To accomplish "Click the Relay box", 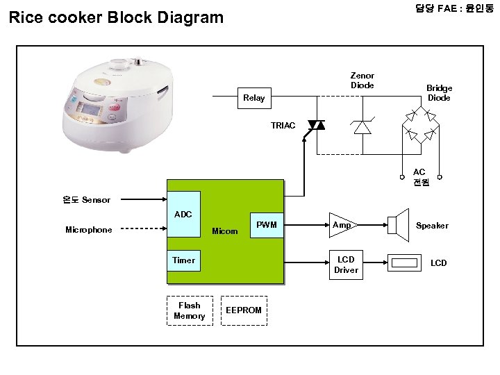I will (x=254, y=98).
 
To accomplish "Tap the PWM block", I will (x=267, y=225).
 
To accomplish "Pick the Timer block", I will (x=183, y=260).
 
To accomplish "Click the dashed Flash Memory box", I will (x=190, y=310).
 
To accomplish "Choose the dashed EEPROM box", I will (x=244, y=310).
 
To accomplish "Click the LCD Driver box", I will (x=346, y=265).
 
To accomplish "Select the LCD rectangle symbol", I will (x=406, y=262).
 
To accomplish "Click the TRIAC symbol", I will (x=316, y=125).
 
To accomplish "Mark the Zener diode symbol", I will (x=362, y=126).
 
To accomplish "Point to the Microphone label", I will (x=88, y=230).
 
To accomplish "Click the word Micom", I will (x=224, y=231).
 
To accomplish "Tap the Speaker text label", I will (x=432, y=226).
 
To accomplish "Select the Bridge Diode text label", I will (x=439, y=93).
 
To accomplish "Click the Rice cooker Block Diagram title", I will (x=116, y=17).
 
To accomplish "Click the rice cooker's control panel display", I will (x=93, y=109).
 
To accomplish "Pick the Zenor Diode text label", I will (x=362, y=81).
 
